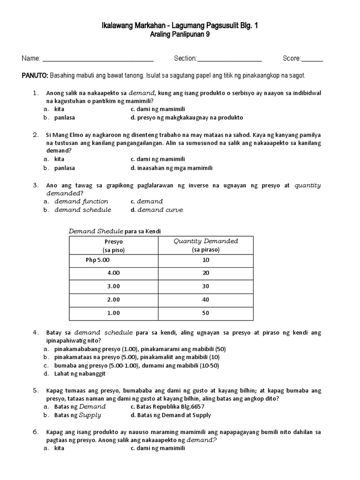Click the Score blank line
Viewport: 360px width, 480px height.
[312, 60]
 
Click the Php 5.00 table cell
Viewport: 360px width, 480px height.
[98, 260]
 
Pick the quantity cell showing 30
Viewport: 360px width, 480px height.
[205, 286]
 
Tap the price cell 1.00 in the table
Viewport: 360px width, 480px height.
[113, 313]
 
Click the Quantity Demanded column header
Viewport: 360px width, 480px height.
[205, 245]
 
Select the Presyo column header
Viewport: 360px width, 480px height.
[113, 245]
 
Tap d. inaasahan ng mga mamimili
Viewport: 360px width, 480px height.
[172, 167]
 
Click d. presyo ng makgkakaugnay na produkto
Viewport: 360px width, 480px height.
[187, 117]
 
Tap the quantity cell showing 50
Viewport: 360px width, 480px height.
[205, 313]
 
